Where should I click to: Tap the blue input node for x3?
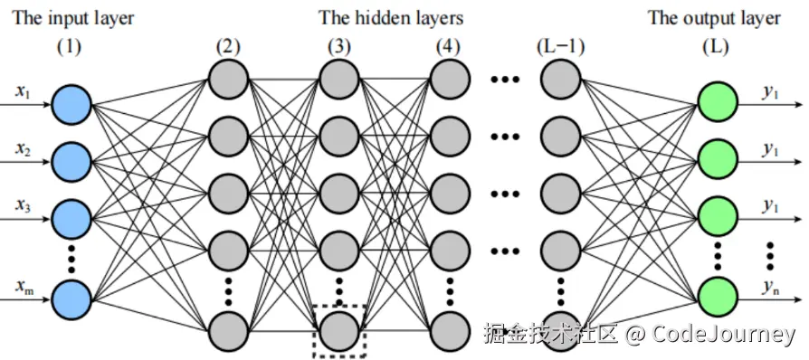coord(72,218)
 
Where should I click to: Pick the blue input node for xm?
coord(72,296)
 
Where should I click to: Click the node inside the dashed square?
coord(338,330)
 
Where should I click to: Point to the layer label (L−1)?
coord(560,48)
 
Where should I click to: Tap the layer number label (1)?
coord(70,48)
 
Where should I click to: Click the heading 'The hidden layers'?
coord(390,17)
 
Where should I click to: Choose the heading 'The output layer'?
coord(714,17)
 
